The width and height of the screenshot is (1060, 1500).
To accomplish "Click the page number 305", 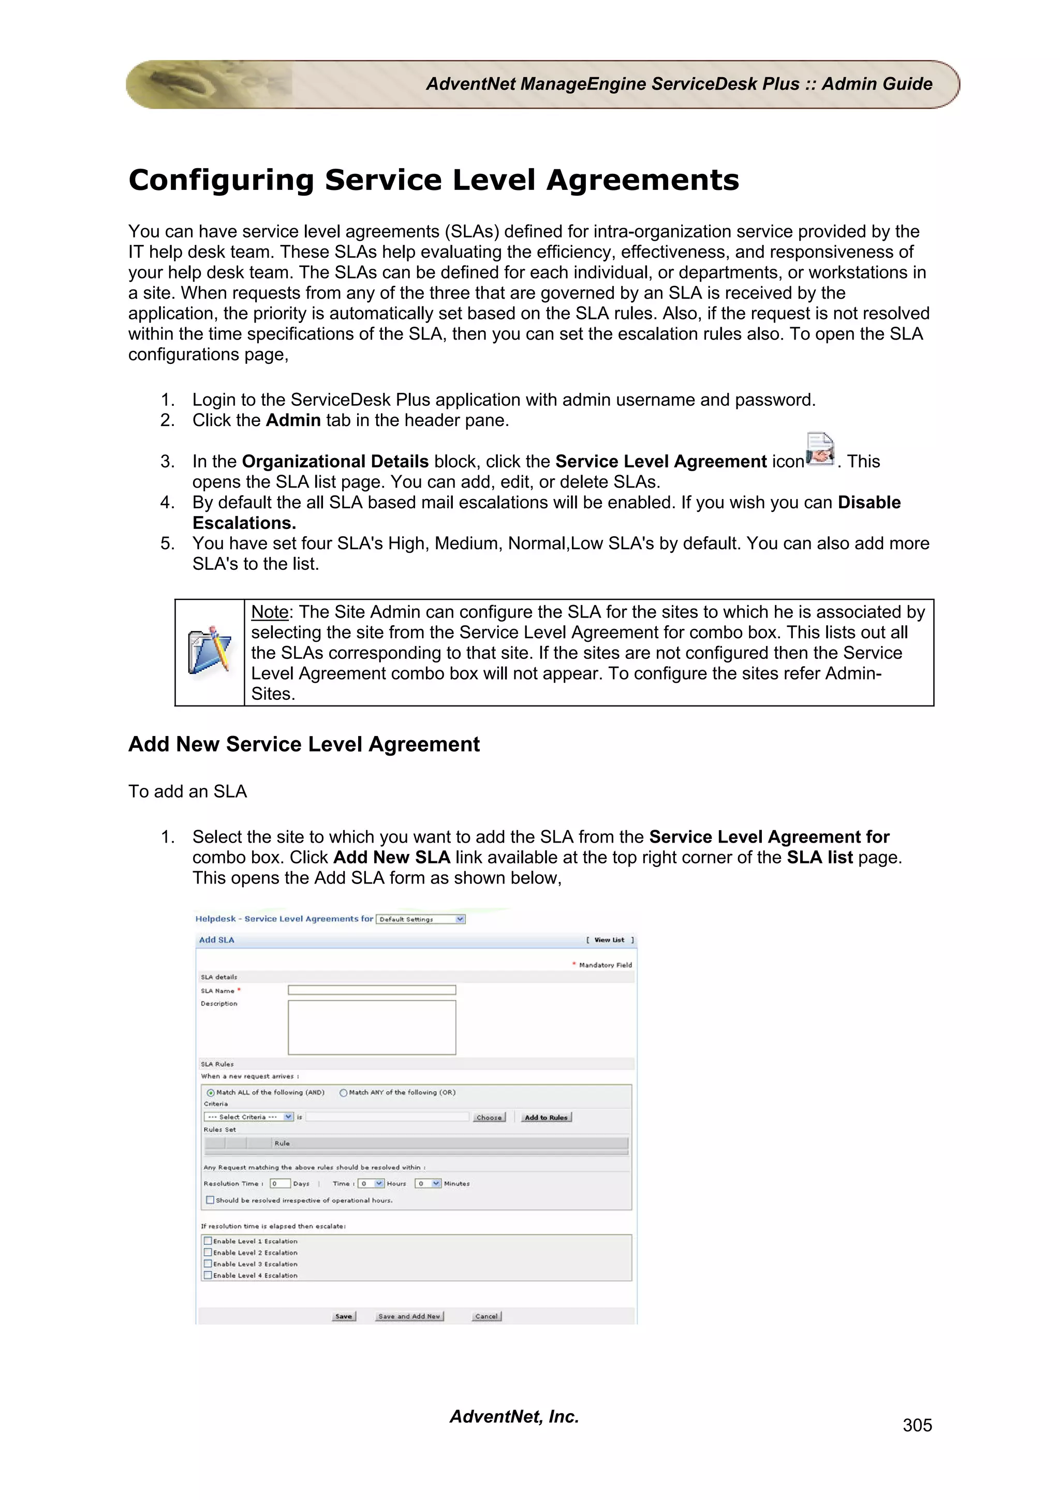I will (917, 1425).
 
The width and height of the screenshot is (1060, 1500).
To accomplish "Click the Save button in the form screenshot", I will (344, 1316).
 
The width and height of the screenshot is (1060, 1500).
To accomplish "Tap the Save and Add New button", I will (409, 1316).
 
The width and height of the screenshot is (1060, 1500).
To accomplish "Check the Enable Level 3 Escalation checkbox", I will (208, 1263).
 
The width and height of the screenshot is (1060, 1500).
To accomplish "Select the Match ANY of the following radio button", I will (343, 1092).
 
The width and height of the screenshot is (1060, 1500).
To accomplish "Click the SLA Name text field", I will (372, 990).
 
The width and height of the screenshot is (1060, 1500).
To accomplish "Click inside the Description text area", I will (372, 1027).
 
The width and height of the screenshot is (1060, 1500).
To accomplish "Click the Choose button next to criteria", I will (489, 1117).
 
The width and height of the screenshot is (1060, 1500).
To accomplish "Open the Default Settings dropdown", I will (421, 919).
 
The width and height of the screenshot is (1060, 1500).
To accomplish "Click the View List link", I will (609, 940).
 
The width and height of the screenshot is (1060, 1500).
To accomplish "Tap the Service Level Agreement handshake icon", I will (820, 449).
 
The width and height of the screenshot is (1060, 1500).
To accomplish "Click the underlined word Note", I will (270, 612).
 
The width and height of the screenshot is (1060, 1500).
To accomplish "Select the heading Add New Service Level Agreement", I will (304, 744).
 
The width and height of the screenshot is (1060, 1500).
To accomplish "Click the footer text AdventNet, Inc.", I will (514, 1416).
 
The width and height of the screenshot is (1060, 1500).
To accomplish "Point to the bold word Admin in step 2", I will (293, 420).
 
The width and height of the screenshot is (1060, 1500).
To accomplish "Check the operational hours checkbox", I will (210, 1200).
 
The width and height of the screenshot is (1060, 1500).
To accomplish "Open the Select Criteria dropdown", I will (248, 1117).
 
